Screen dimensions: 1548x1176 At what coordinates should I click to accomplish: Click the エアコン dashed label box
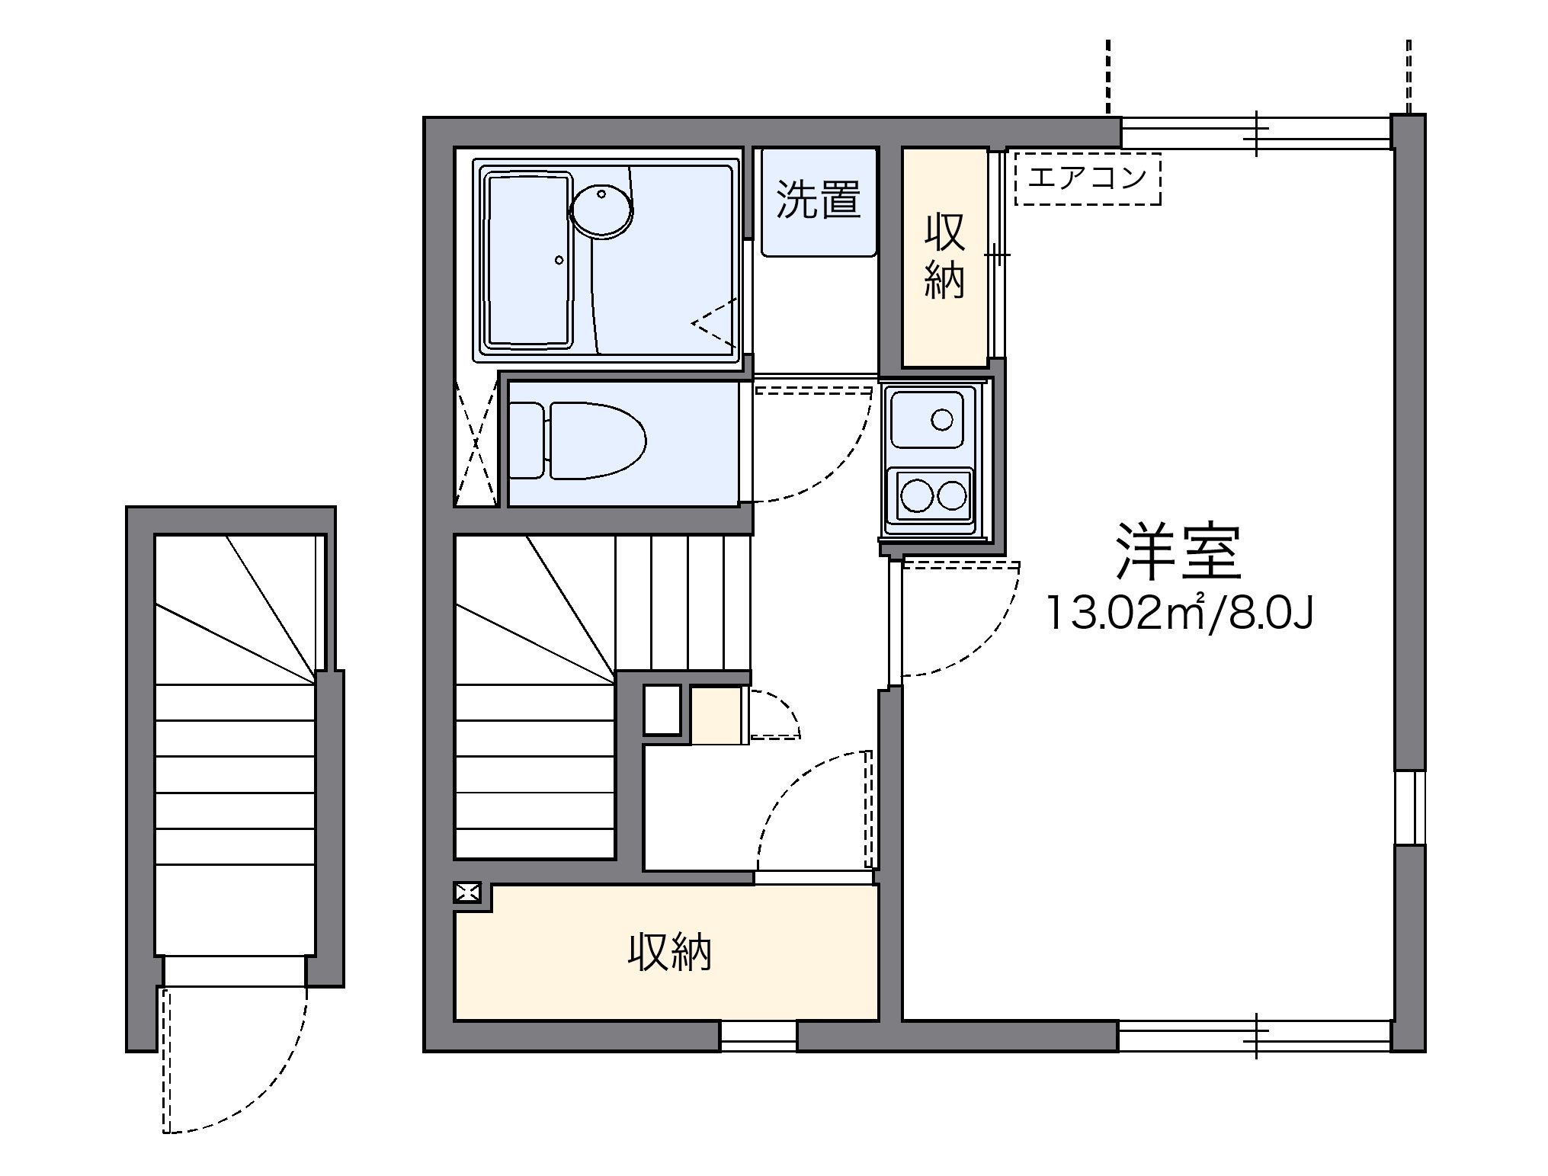pyautogui.click(x=1088, y=178)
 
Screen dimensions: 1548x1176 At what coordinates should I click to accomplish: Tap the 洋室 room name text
pyautogui.click(x=1179, y=552)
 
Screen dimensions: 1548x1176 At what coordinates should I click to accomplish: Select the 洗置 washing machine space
pyautogui.click(x=819, y=201)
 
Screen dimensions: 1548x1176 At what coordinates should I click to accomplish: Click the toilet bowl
pyautogui.click(x=578, y=442)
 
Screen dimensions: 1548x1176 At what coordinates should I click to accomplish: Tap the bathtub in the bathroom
pyautogui.click(x=530, y=260)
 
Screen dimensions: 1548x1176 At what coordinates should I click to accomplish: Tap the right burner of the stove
pyautogui.click(x=952, y=496)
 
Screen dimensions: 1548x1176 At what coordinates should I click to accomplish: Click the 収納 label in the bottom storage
pyautogui.click(x=669, y=952)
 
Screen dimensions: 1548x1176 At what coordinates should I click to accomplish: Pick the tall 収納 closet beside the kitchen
pyautogui.click(x=945, y=257)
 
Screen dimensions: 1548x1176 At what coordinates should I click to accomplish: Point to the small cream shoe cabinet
pyautogui.click(x=716, y=715)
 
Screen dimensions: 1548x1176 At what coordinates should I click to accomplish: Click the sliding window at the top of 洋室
pyautogui.click(x=1255, y=133)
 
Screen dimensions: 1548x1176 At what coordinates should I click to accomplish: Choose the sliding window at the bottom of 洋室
pyautogui.click(x=1255, y=1036)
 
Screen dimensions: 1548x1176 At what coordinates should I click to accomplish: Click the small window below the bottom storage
pyautogui.click(x=758, y=1036)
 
